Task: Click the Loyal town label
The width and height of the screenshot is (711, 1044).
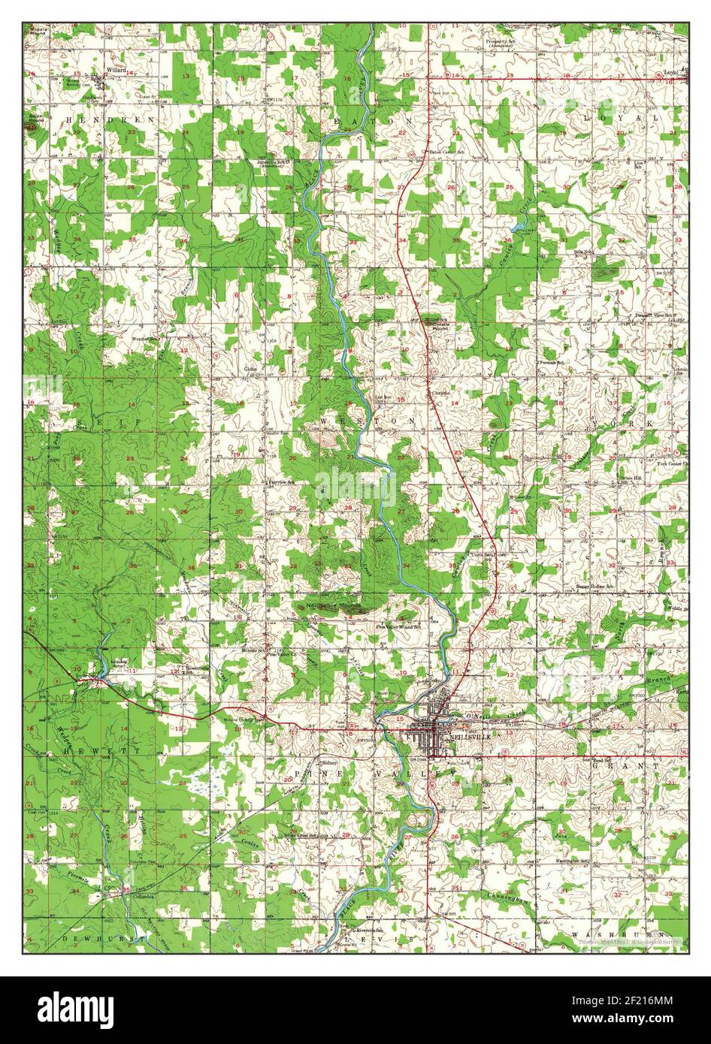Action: (x=671, y=73)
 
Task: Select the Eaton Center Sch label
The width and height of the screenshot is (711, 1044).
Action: (x=445, y=152)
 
